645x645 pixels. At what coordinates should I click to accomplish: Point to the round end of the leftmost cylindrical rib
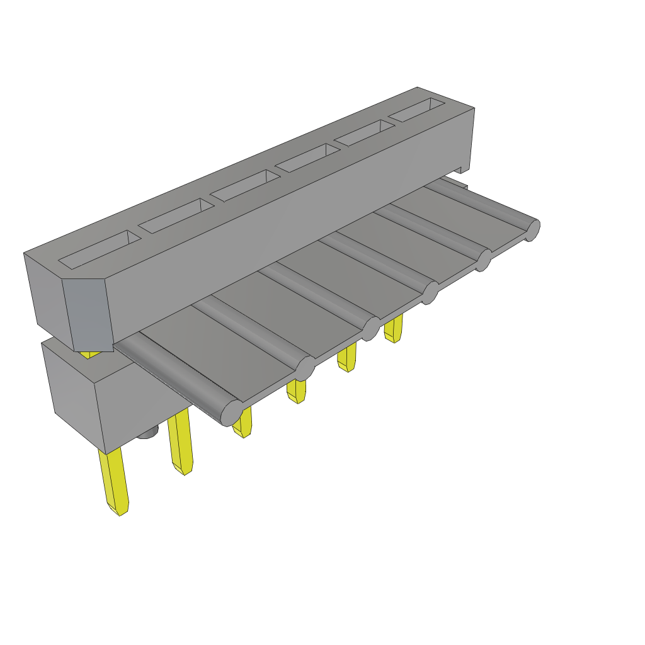(231, 413)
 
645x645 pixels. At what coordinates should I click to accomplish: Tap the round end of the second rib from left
(305, 369)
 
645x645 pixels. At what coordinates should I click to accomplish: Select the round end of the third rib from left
(371, 328)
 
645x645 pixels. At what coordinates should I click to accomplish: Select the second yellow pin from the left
(181, 441)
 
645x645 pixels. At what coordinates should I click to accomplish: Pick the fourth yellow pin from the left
(296, 391)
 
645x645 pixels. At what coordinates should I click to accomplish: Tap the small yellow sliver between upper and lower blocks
(91, 355)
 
